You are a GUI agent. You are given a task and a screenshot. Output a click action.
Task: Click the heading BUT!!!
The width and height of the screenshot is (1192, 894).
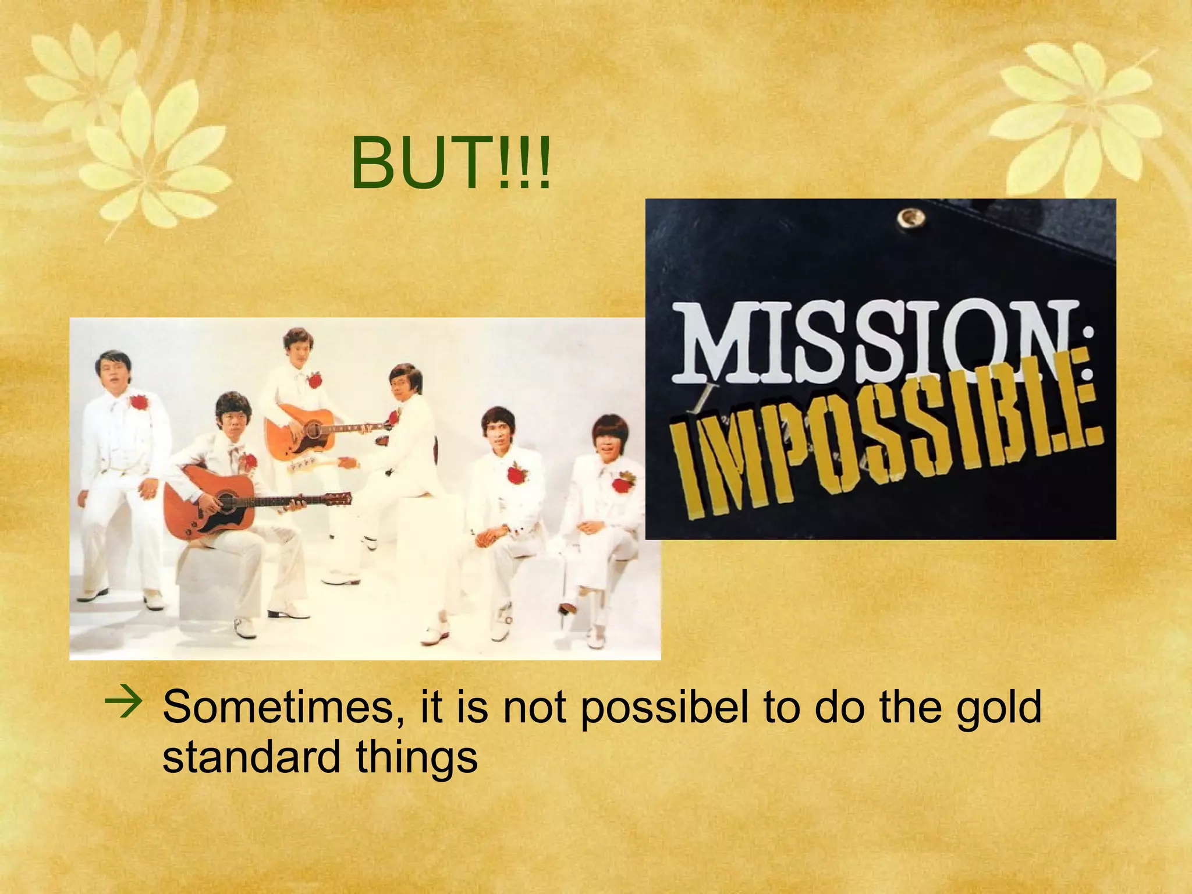click(x=450, y=165)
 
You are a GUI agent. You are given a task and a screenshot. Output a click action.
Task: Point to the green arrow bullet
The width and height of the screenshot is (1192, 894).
click(x=123, y=703)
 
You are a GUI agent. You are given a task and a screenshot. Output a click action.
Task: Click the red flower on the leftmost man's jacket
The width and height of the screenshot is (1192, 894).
click(x=139, y=402)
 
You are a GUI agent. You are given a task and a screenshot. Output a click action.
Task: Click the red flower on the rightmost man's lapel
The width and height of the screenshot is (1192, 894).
click(x=623, y=483)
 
